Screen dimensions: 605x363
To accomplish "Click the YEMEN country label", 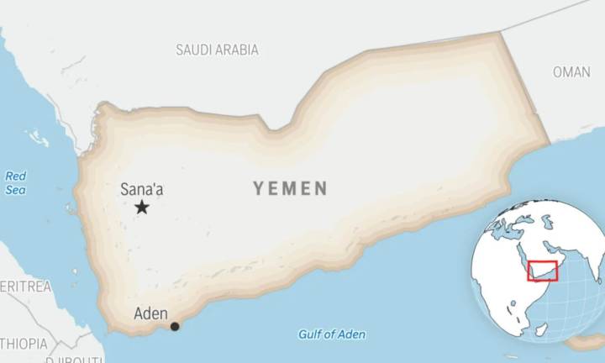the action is click(290, 189).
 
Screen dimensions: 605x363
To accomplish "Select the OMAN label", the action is click(571, 72).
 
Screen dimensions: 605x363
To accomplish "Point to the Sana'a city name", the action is click(141, 189).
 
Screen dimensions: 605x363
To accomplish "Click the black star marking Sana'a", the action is click(142, 207).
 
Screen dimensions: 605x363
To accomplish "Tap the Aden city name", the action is click(150, 314).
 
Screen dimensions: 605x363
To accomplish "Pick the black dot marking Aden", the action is click(175, 326).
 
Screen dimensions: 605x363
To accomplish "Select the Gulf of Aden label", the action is click(332, 334).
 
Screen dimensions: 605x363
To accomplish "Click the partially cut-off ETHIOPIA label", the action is click(24, 343).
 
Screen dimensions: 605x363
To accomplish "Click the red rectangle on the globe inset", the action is click(542, 271).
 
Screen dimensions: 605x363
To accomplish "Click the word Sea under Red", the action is click(16, 191).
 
